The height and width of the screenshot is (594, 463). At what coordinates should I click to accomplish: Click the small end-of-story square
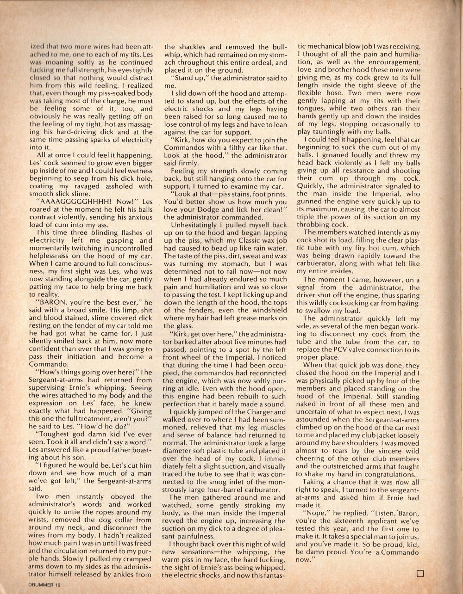tap(420, 574)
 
